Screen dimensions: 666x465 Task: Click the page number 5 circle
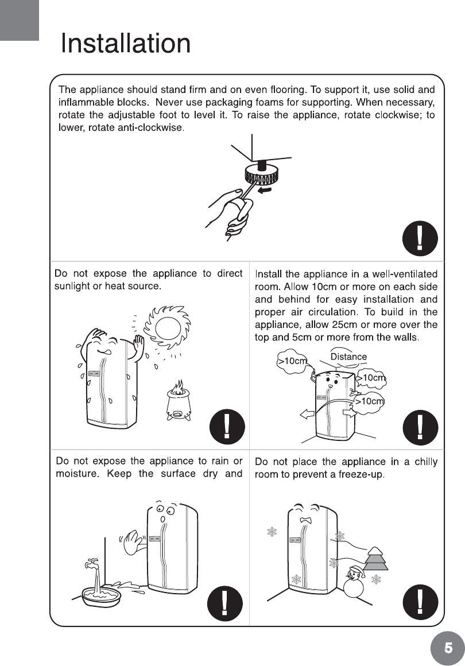pos(447,648)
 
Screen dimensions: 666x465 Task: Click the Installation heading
pos(126,44)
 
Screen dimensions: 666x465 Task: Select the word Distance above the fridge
pos(348,357)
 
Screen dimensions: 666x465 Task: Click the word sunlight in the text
pos(74,286)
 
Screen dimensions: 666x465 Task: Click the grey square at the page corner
pos(19,20)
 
